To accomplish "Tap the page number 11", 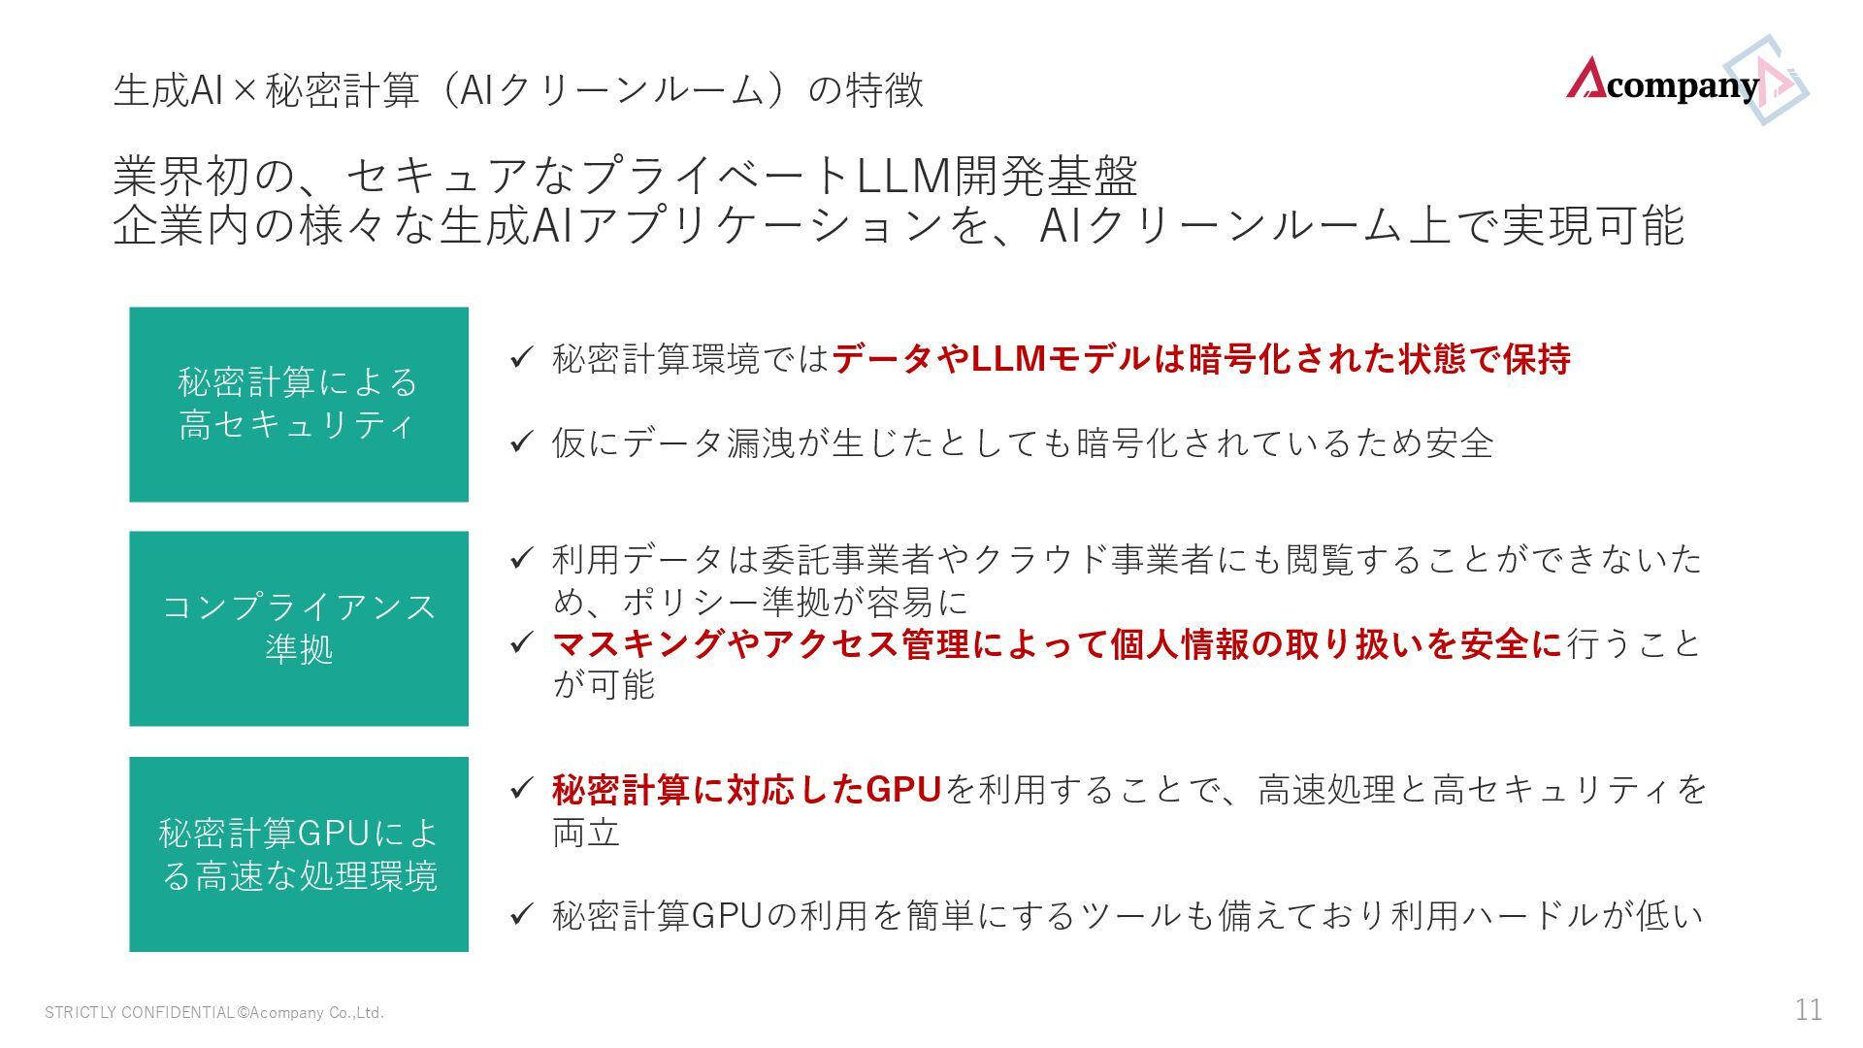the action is point(1808,1010).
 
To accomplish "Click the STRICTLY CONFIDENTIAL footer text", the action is point(214,1013).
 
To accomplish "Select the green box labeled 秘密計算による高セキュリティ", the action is point(299,405).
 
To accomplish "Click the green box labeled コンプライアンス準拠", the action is point(299,628).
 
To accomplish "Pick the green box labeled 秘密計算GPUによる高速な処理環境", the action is point(299,854).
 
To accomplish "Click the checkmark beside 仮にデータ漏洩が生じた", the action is point(522,442).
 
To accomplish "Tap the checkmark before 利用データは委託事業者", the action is point(522,558).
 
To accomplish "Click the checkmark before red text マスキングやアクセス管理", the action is point(522,642).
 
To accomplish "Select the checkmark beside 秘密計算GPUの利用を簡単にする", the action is point(522,914).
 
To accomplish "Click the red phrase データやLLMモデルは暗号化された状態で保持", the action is point(1201,359).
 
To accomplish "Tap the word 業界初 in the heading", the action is point(182,176).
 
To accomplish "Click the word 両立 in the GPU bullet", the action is point(586,833).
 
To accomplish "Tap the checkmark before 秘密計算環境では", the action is point(522,358).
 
